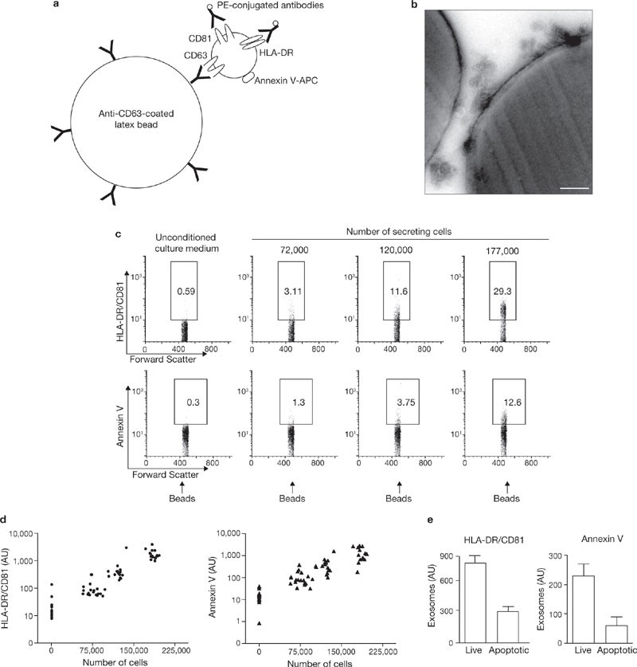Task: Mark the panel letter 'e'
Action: pos(430,520)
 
